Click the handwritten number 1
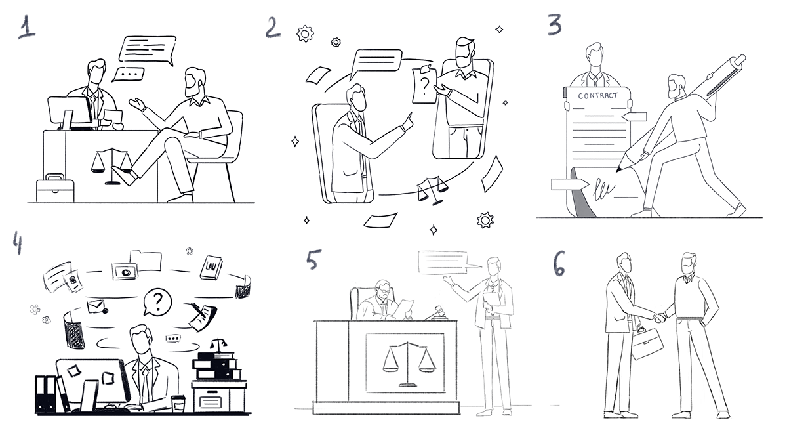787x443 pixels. point(27,28)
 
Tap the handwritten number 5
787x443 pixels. point(313,259)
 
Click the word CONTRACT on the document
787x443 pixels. point(597,95)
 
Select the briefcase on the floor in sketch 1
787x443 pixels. point(55,188)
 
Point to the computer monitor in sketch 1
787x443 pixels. point(70,112)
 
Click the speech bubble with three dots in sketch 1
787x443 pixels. point(129,75)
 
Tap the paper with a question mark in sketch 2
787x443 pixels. point(425,85)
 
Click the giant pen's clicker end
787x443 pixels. point(739,60)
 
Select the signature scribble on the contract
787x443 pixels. point(603,190)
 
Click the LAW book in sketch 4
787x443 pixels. point(211,268)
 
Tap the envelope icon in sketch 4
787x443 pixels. point(96,306)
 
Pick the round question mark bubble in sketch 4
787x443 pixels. point(157,302)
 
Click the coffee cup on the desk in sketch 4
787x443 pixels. point(178,403)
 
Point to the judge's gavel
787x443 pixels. point(437,312)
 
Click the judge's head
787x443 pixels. point(382,290)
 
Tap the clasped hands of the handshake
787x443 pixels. point(660,318)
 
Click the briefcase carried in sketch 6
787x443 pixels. point(647,343)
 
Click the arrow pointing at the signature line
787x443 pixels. point(570,184)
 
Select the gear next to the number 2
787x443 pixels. point(305,33)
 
